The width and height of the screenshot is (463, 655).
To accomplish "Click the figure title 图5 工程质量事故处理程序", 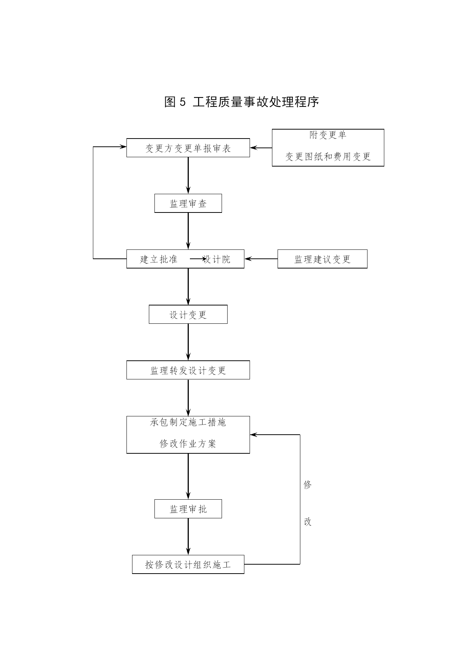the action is (x=241, y=102).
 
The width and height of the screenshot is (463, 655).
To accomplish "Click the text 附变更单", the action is (x=328, y=135).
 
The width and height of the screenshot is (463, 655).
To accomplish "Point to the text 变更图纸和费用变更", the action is (x=328, y=156).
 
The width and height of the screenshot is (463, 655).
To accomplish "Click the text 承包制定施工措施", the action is (x=188, y=422).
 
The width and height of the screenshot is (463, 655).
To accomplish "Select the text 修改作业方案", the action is (x=188, y=444).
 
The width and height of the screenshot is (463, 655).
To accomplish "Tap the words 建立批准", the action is (x=159, y=259).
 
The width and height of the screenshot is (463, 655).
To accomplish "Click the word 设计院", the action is (x=217, y=259).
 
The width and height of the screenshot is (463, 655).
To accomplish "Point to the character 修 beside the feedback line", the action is (x=307, y=485).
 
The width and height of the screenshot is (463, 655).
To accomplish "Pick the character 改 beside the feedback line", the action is (x=307, y=522).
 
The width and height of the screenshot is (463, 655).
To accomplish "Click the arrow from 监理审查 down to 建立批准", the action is (x=188, y=231).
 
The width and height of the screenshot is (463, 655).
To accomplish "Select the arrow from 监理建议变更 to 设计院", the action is (x=261, y=259).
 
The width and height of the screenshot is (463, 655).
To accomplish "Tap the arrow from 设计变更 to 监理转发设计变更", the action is (x=188, y=342).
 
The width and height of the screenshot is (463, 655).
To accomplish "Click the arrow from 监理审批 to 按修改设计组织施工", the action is (x=188, y=537).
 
